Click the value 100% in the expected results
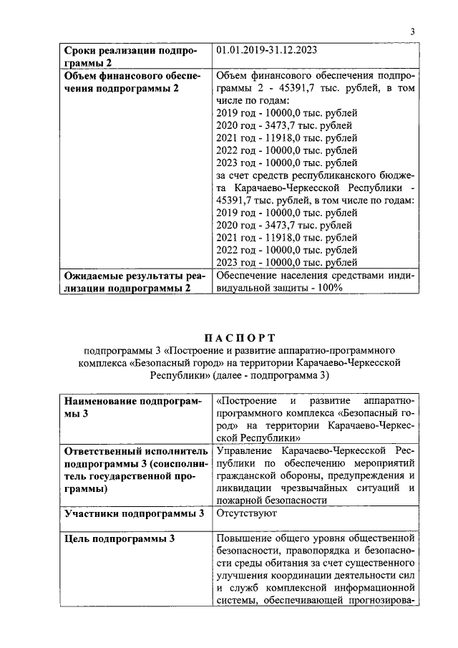pyautogui.click(x=331, y=287)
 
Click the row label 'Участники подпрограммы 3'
pyautogui.click(x=135, y=513)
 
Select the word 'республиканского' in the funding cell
pyautogui.click(x=331, y=175)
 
